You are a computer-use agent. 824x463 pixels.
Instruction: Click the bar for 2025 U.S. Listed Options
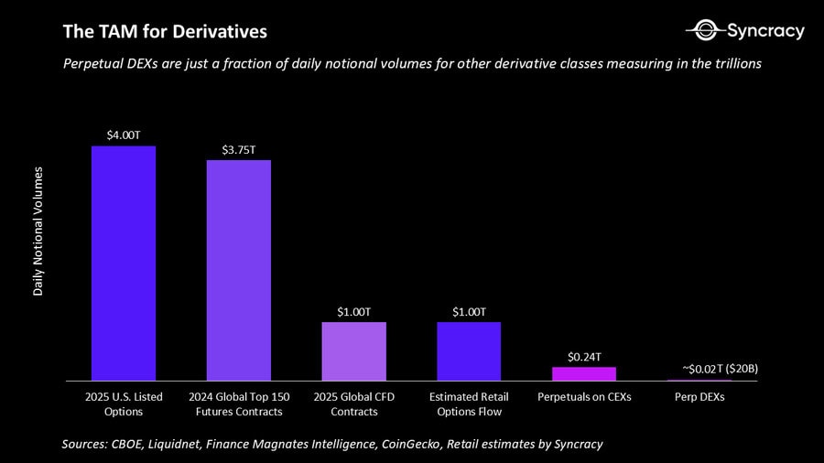tap(124, 264)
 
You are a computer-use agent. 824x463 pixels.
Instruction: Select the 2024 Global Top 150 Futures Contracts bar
tap(238, 270)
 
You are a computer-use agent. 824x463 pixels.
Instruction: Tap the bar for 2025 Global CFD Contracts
tap(353, 350)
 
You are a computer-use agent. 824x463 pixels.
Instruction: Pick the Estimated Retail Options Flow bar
tap(469, 350)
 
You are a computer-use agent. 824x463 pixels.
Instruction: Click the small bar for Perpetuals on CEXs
tap(583, 373)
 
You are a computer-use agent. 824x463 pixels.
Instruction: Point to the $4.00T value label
tap(124, 135)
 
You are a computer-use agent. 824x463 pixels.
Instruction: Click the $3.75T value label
tap(238, 149)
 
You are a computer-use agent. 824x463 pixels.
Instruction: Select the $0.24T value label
tap(583, 356)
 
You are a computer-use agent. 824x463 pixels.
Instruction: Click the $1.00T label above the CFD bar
tap(353, 311)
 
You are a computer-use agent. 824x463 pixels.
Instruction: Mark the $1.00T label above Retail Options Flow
tap(469, 311)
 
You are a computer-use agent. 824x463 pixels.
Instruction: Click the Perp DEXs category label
tap(699, 397)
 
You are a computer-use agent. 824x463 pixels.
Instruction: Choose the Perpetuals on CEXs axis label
tap(583, 397)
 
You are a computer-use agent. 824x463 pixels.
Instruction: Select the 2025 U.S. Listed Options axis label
tap(124, 404)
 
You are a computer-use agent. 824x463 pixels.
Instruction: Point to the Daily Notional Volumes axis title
tap(38, 231)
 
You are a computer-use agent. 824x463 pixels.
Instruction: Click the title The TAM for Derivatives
tap(165, 32)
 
